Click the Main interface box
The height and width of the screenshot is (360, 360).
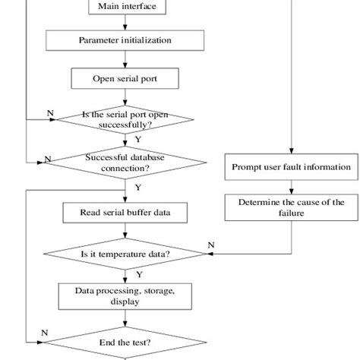point(125,8)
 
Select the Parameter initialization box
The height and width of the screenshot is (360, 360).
point(125,39)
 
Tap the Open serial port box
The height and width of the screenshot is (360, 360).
point(125,77)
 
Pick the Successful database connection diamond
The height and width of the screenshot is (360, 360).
point(125,161)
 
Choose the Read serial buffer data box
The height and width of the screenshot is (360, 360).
point(125,212)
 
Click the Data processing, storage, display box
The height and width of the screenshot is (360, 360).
point(125,296)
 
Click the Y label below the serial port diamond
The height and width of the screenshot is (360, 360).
point(137,139)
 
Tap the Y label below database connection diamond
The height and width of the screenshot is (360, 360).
point(137,186)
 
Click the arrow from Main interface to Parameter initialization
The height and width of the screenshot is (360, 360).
point(125,24)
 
